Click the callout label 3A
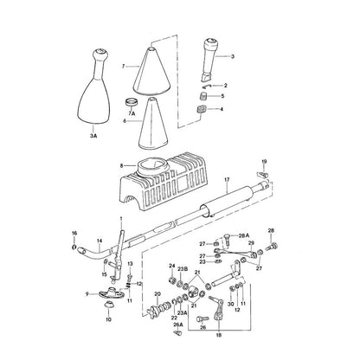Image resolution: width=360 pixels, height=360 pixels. tap(93, 136)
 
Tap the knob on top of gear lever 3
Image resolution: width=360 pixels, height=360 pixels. tap(210, 42)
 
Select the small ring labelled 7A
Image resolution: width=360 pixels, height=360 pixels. tap(132, 102)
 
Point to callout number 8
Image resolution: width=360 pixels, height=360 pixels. tap(122, 166)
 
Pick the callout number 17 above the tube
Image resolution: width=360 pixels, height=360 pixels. tap(227, 180)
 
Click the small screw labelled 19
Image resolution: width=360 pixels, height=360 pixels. tap(263, 174)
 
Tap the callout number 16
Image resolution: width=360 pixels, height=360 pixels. tap(74, 233)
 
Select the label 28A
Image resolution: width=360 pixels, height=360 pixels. tap(243, 235)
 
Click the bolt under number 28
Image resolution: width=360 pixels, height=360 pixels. tap(273, 246)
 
